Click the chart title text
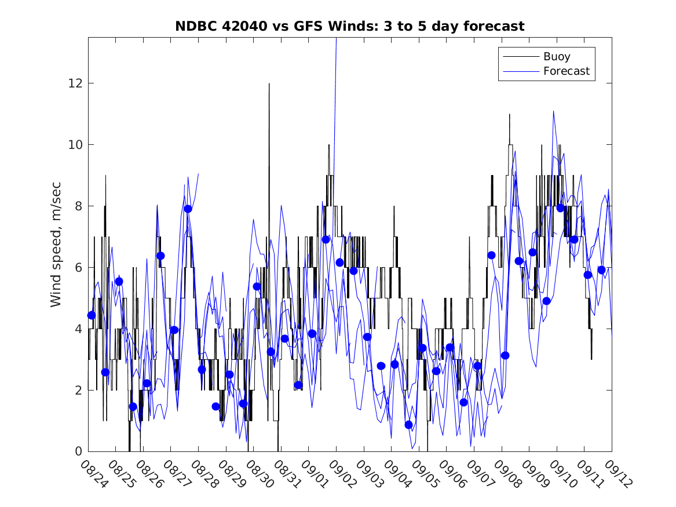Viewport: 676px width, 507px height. [350, 26]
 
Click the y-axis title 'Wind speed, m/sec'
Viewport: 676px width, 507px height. [56, 244]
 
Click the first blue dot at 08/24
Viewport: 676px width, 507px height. [91, 315]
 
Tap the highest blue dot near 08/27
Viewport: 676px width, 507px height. [188, 209]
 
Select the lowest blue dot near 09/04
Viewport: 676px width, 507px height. [408, 425]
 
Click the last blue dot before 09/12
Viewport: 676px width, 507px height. [601, 270]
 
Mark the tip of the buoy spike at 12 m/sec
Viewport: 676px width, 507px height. [269, 84]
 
